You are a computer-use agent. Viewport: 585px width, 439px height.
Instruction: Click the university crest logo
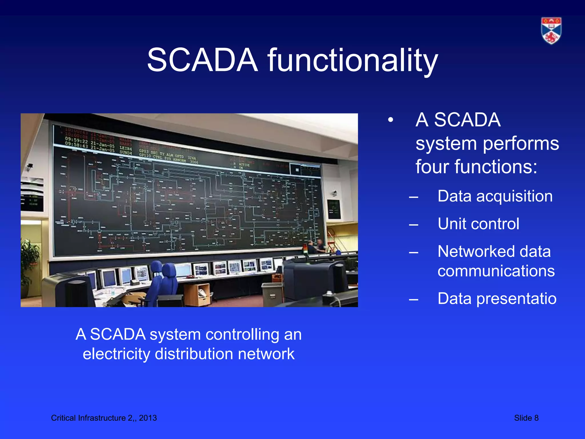(551, 31)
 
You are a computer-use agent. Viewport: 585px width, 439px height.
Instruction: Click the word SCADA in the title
(202, 60)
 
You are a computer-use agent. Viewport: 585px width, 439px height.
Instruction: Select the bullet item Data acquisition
(495, 196)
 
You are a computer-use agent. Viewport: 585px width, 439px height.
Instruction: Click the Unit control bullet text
(478, 224)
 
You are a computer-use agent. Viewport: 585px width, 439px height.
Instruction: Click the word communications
(496, 271)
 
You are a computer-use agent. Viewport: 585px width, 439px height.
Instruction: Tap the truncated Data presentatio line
(497, 299)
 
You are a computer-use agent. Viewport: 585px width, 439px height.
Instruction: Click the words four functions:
(476, 167)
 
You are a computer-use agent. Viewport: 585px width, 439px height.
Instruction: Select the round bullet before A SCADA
(390, 120)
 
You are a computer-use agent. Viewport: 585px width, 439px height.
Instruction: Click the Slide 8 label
(526, 418)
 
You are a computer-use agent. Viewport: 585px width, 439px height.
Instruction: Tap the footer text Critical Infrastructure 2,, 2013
(104, 418)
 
